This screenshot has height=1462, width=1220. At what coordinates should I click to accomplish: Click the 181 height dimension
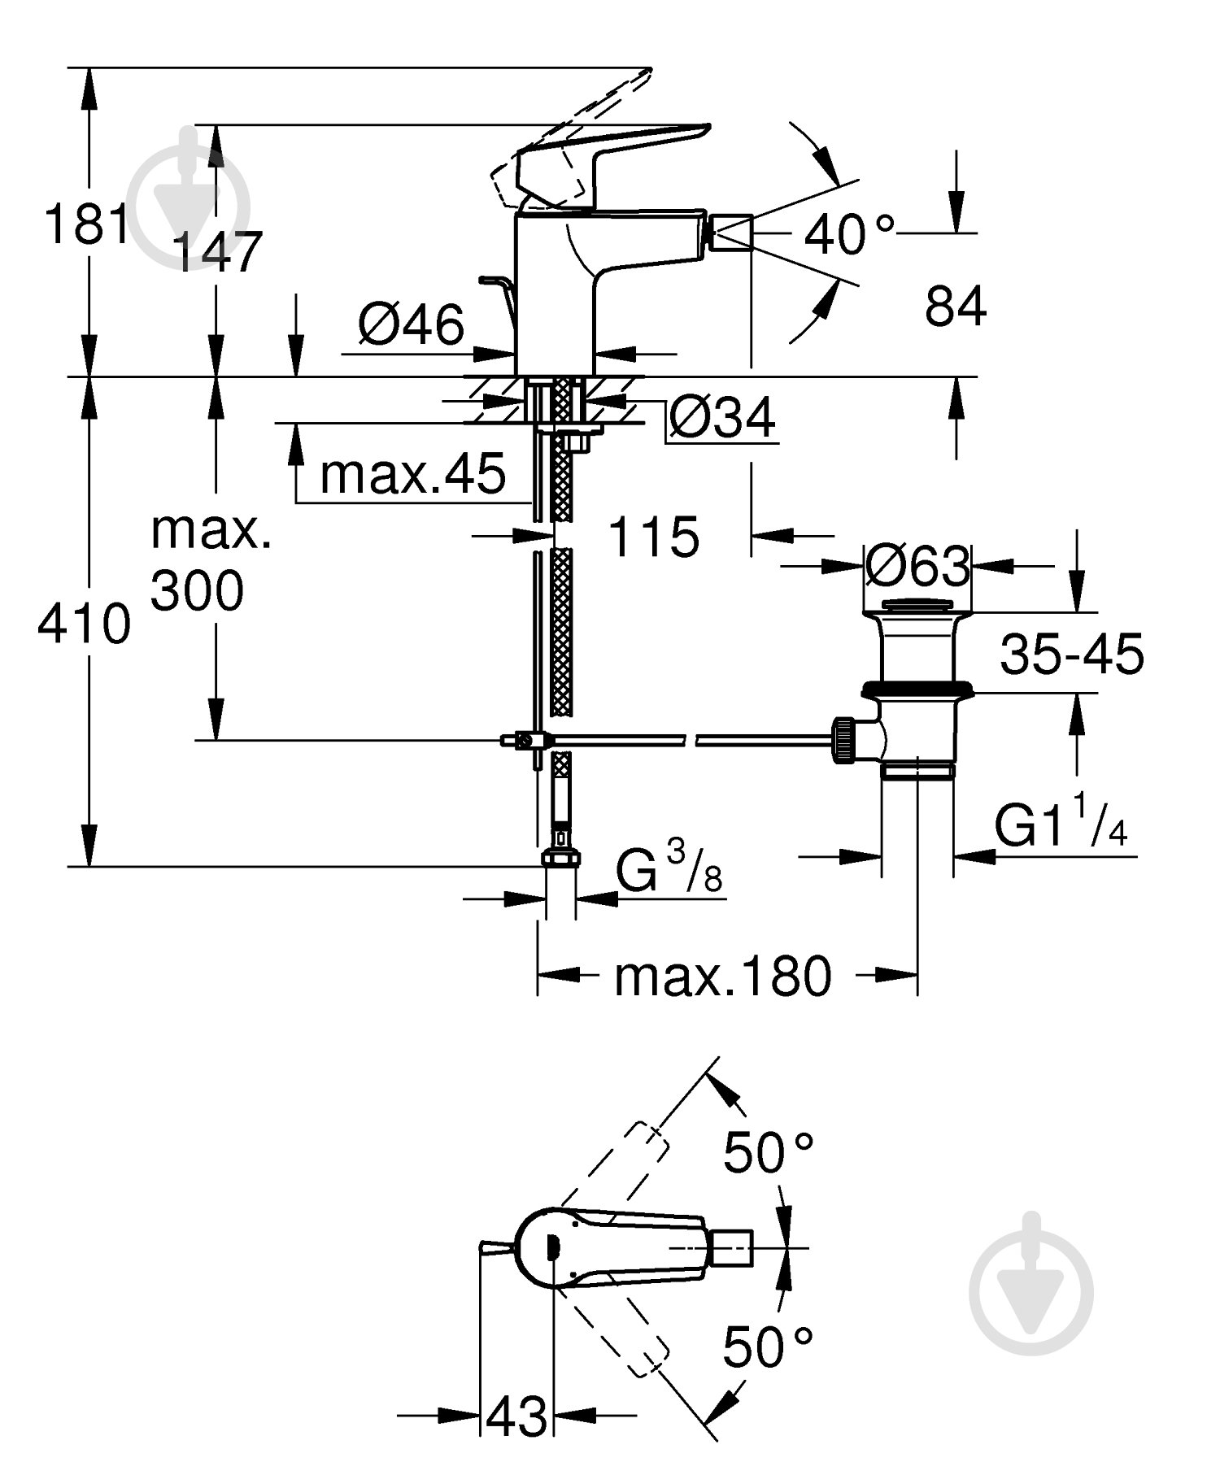(85, 224)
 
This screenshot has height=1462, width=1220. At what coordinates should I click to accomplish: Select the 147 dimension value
(218, 251)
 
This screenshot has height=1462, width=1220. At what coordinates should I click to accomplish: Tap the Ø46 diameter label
(411, 324)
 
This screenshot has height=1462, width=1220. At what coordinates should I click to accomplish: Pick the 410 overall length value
(85, 624)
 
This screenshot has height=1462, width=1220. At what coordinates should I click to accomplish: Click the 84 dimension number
(955, 307)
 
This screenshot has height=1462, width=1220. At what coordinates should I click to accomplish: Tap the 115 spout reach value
(653, 537)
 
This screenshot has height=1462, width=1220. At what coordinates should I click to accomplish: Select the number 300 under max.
(197, 591)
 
